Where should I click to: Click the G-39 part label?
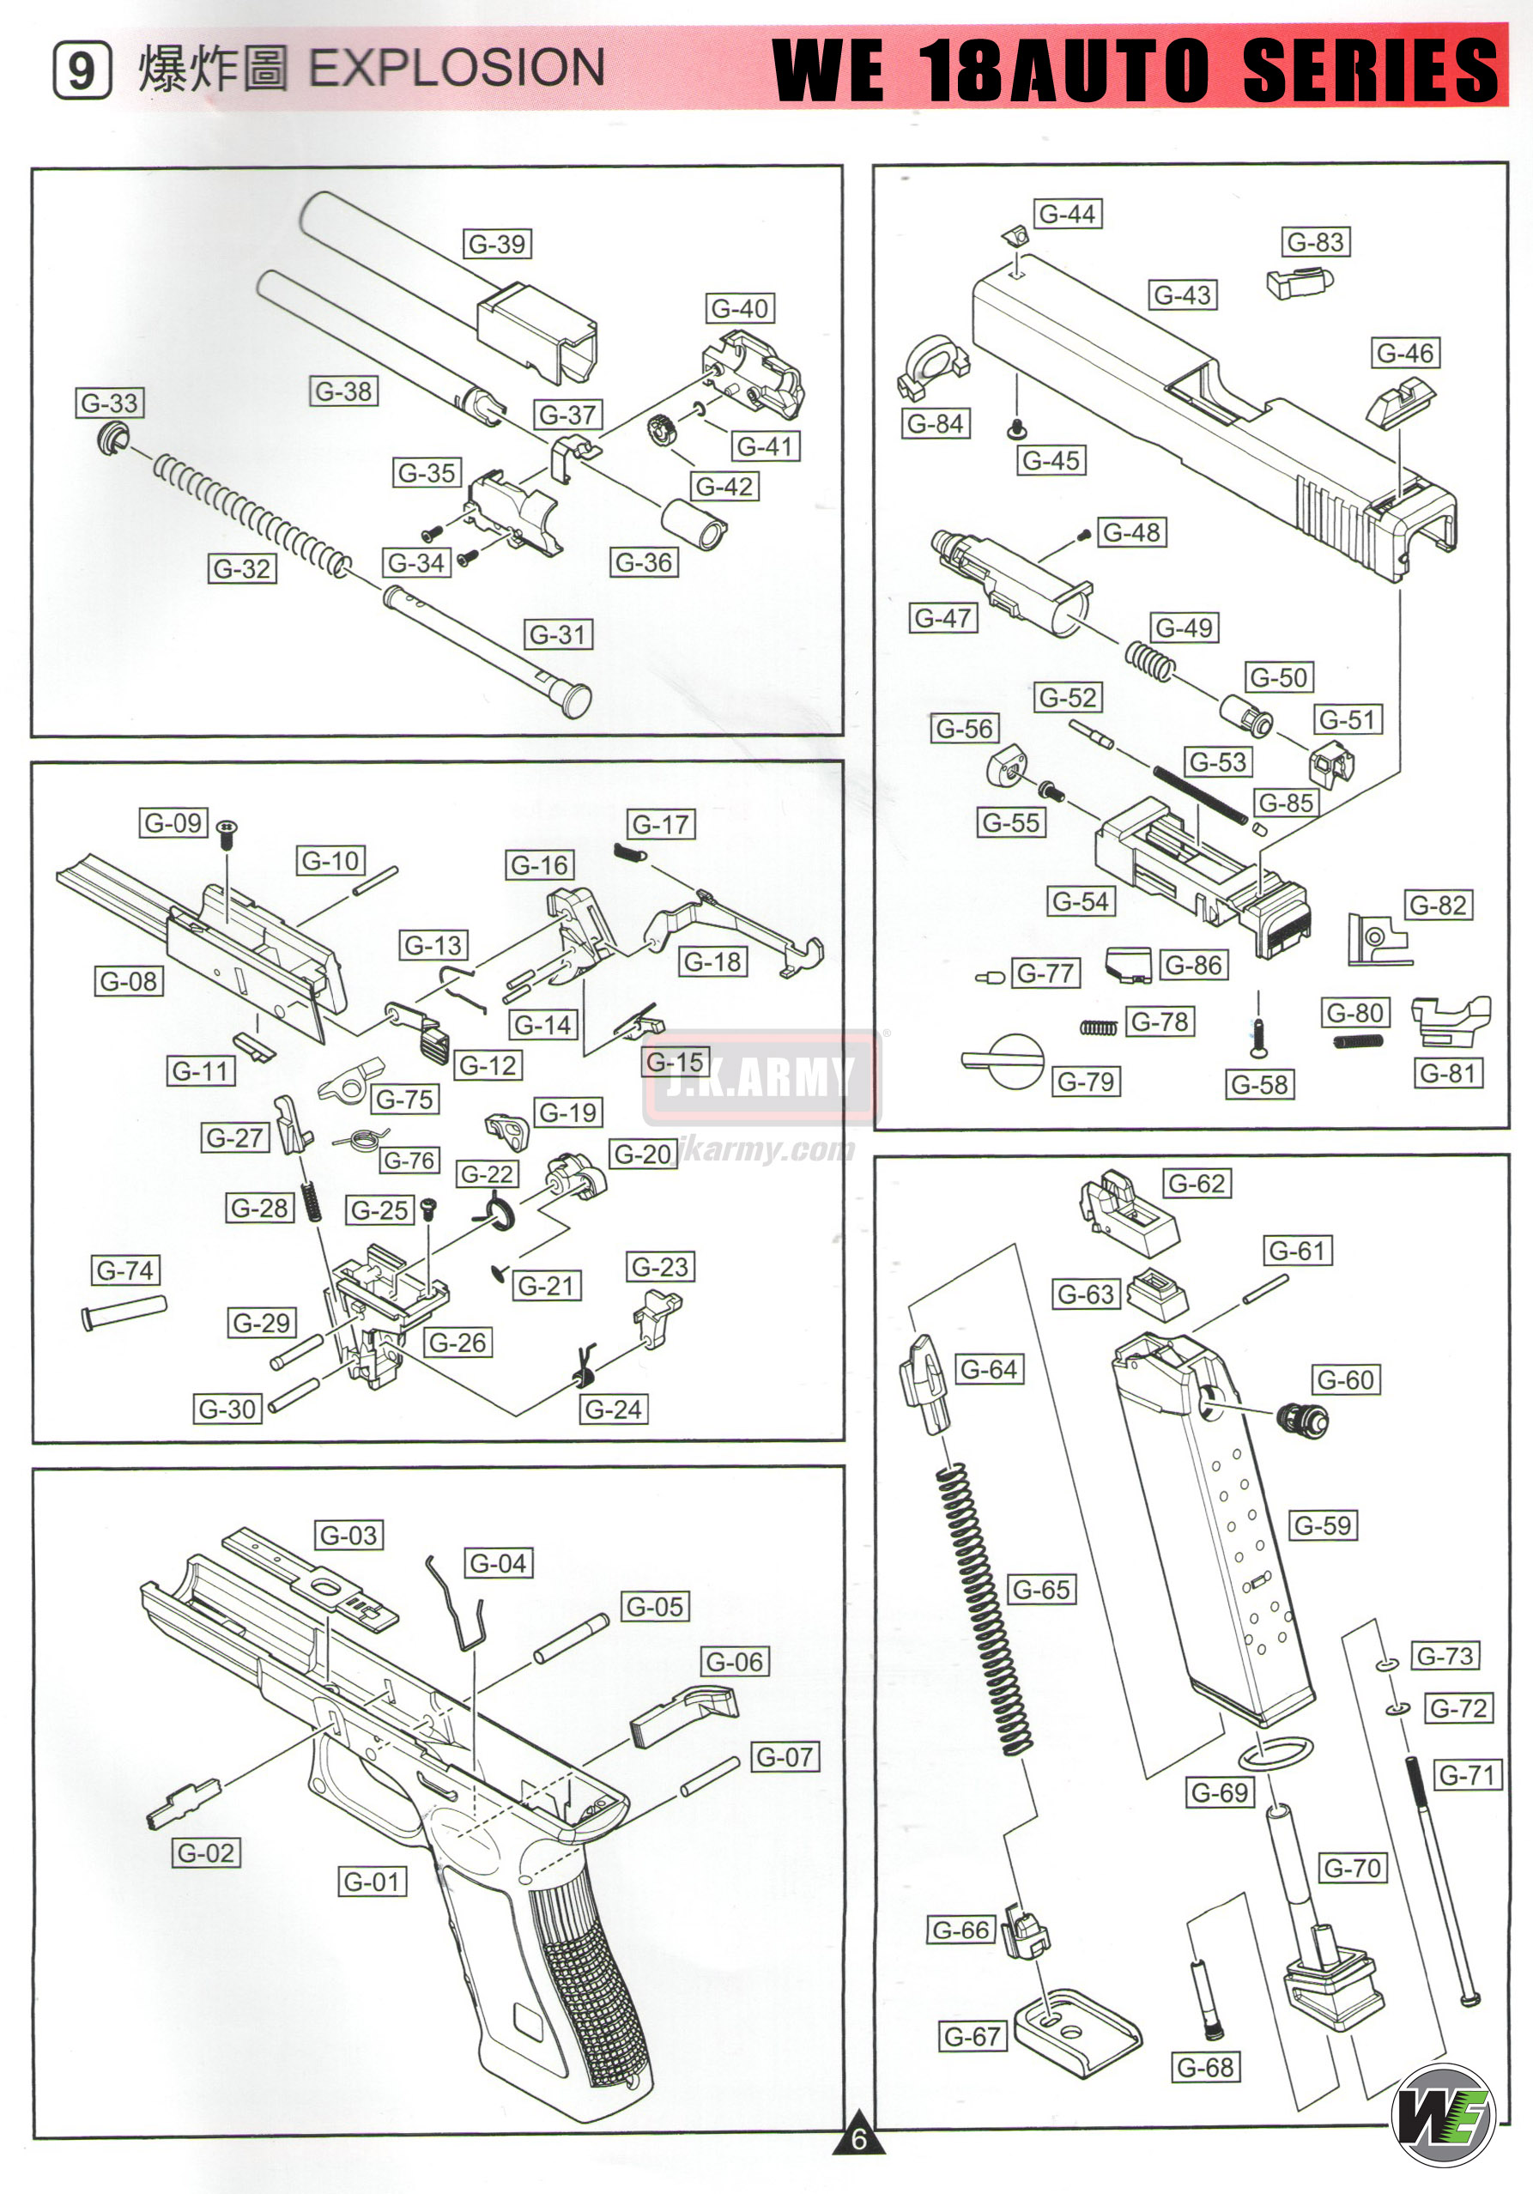tap(497, 244)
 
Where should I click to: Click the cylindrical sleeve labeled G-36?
tap(694, 524)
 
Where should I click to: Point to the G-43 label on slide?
tap(1182, 295)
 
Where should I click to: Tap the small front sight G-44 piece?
tap(1016, 235)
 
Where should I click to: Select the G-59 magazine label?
tap(1323, 1525)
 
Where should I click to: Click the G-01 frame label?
tap(373, 1882)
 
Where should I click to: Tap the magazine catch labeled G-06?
tap(683, 1715)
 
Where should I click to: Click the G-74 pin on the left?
tap(124, 1310)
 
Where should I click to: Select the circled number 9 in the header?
tap(82, 70)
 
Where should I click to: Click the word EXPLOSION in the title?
tap(457, 68)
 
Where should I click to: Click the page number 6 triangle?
tap(858, 2137)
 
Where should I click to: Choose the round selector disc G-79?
tap(1012, 1061)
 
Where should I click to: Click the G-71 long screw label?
tap(1466, 1774)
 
